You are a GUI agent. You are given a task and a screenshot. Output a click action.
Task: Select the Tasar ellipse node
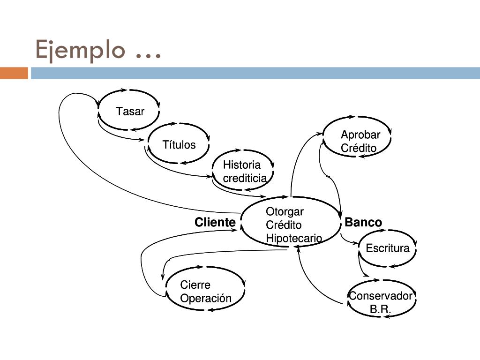pos(129,111)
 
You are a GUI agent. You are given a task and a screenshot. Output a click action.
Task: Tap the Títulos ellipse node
pos(179,144)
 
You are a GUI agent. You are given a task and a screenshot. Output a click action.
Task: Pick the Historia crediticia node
pos(242,171)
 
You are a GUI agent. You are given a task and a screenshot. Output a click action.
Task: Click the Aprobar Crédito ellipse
pos(358,141)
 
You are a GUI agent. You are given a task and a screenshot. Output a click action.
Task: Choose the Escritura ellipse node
pos(387,248)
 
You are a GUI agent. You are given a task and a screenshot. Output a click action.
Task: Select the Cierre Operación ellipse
pos(206,291)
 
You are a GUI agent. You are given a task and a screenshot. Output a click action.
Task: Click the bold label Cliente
pos(215,222)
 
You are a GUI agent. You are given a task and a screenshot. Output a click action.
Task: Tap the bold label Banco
pos(363,222)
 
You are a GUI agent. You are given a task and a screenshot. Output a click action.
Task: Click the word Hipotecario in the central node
pos(294,238)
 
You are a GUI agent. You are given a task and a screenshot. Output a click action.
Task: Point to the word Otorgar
pos(285,211)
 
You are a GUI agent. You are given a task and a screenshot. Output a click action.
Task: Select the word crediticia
pos(245,178)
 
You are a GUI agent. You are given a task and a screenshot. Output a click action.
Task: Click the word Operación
pos(206,298)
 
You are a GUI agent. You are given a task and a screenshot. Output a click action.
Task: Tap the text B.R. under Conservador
pos(380,309)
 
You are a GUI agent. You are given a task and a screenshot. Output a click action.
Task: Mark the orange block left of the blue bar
pos(14,73)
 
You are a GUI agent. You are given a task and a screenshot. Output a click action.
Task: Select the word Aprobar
pos(360,135)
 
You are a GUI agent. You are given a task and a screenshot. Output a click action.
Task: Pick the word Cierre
pos(195,285)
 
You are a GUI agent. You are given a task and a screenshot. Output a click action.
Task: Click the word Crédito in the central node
pos(284,225)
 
